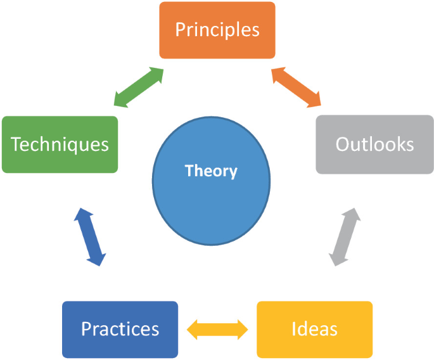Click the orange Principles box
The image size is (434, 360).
pos(217,30)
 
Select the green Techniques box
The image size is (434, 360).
pos(60,145)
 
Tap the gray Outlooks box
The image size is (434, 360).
pos(374,145)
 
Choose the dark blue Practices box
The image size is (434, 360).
pos(120,330)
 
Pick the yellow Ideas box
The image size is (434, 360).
pos(314,330)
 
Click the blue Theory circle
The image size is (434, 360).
pos(211,190)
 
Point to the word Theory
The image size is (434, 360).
pos(211,170)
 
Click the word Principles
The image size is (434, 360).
pos(217,30)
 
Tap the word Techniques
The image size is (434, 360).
pos(60,145)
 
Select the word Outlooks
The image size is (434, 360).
pos(374,145)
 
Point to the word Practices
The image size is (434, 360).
pos(120,330)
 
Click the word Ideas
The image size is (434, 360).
pos(314,330)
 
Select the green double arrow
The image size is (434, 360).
pos(139,87)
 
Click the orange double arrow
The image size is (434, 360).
pos(297,87)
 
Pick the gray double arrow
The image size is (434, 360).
pos(345,237)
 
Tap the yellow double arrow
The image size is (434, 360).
pos(217,329)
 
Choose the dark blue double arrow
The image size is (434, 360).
pos(90,237)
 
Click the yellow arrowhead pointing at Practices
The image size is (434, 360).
pos(193,329)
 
